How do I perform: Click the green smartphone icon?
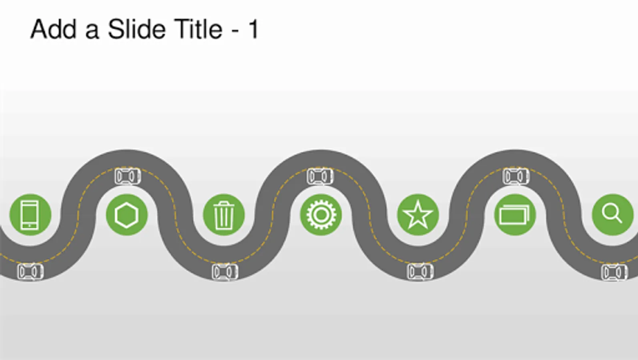[30, 215]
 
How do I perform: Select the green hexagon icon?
[126, 215]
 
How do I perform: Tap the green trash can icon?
[224, 215]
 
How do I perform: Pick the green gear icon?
[321, 215]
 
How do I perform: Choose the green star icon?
[418, 215]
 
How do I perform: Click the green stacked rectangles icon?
[515, 215]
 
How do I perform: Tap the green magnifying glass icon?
[612, 215]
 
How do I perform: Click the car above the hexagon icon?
[128, 176]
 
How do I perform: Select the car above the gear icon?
[320, 176]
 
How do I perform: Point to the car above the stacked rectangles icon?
[516, 176]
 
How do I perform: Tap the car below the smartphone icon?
[30, 272]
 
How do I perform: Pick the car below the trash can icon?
[225, 272]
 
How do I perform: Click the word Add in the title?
[53, 30]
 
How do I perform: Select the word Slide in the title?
[136, 30]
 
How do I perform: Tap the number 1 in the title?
[253, 30]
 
